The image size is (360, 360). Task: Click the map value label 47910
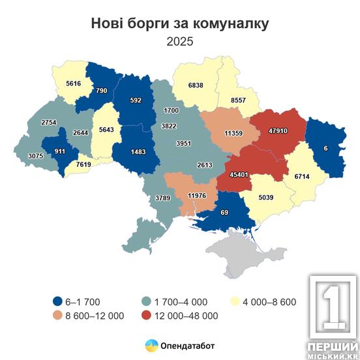click(x=282, y=130)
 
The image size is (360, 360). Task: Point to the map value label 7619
click(x=85, y=165)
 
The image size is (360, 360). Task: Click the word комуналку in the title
click(x=226, y=24)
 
